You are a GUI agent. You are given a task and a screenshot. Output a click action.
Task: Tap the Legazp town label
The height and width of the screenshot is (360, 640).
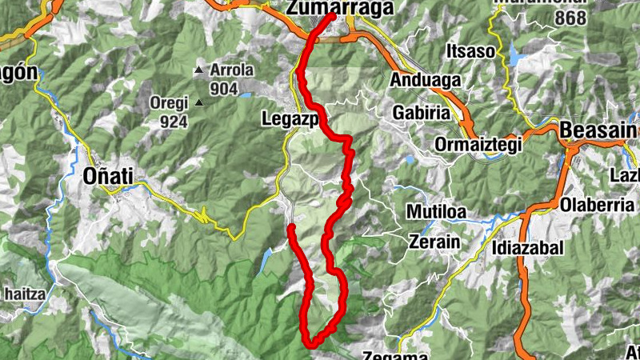290,119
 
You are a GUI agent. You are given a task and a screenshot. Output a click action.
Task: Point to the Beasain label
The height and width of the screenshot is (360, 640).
598,130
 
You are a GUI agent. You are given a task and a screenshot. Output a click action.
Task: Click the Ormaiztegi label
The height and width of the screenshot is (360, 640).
478,145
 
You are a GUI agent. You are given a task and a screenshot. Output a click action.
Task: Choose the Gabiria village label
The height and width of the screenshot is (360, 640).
421,113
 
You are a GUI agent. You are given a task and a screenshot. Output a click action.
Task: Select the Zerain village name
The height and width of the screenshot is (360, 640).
434,241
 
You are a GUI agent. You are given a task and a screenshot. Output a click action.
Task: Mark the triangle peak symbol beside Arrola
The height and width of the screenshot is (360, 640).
198,70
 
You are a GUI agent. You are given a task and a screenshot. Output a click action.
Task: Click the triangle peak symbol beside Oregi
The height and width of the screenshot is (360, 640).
198,102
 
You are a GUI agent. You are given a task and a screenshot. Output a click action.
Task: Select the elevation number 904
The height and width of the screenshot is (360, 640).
224,89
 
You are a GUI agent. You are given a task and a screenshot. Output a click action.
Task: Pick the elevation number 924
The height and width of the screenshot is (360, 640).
173,122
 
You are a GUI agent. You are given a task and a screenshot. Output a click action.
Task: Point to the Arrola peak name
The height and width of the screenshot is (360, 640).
231,70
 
